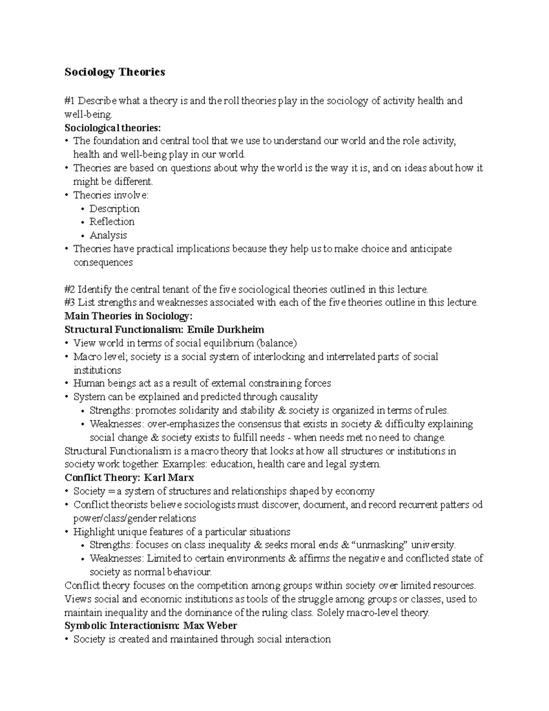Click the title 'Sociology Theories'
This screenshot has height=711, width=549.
pos(115,72)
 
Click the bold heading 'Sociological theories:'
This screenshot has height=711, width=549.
pos(113,127)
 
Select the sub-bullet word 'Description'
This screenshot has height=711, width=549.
pos(114,209)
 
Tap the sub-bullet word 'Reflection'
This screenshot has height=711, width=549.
pos(112,222)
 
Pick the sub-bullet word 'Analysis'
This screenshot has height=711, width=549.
pos(108,235)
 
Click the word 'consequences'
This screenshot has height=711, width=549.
pos(103,262)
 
